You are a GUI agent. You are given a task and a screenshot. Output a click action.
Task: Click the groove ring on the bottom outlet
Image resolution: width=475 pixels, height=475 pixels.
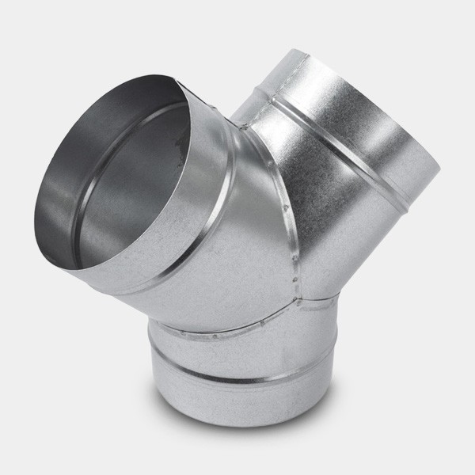[230, 372]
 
